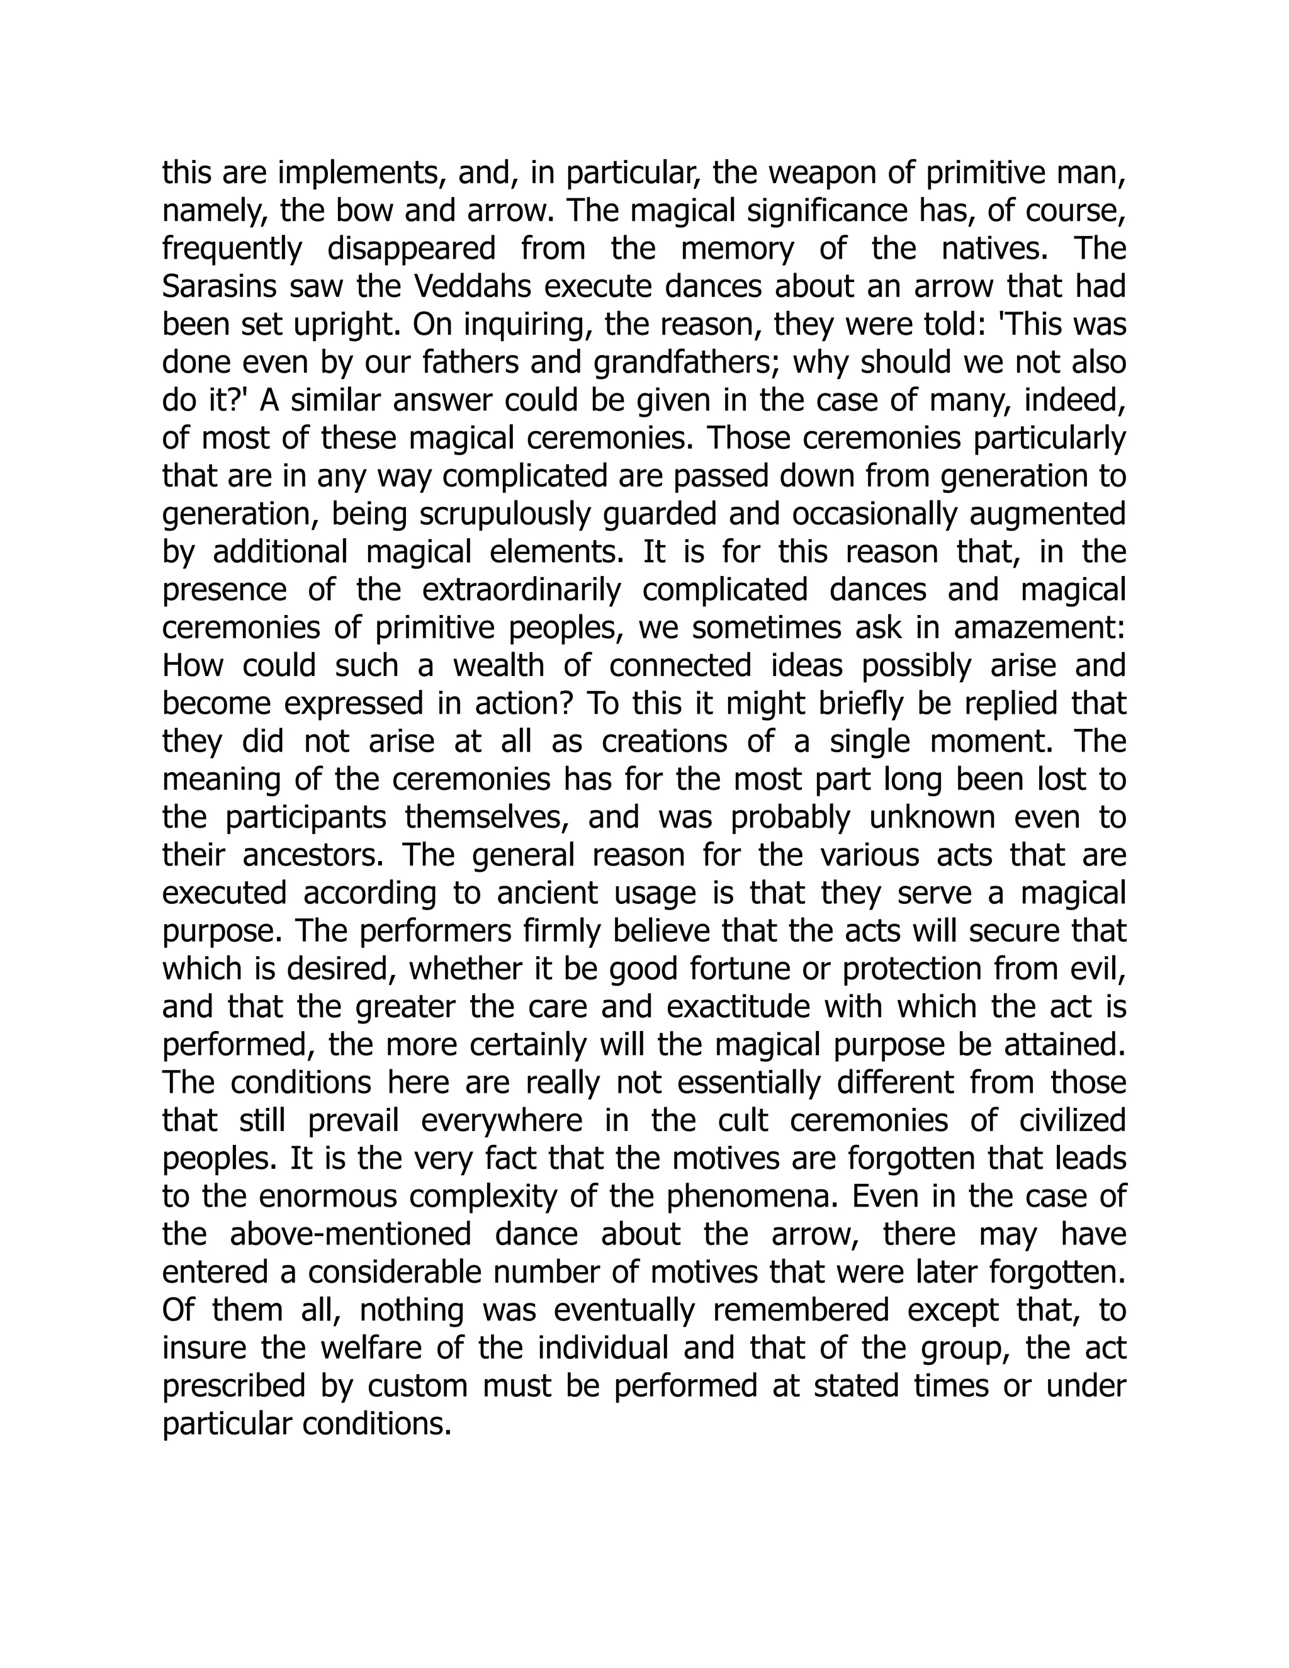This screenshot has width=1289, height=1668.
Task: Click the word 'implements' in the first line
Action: [357, 175]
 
